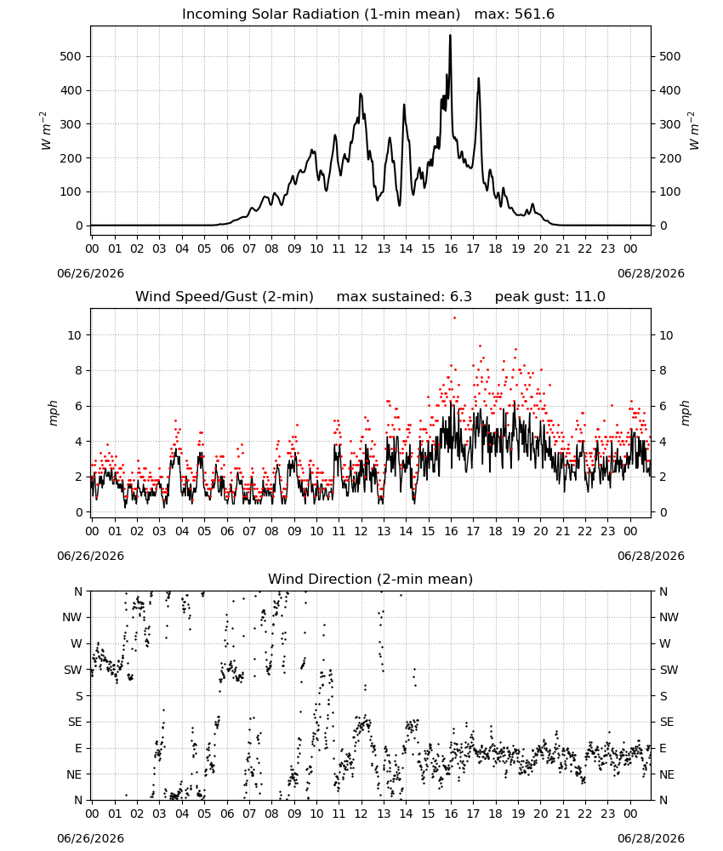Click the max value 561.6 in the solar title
(515, 14)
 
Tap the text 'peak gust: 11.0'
(550, 297)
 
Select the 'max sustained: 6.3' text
(404, 297)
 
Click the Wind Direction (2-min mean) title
(371, 579)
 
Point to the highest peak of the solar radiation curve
(450, 35)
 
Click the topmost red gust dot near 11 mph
(454, 318)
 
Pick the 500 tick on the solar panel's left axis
(71, 56)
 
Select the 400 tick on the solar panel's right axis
(670, 91)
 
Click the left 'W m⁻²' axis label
(46, 131)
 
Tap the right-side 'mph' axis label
(685, 413)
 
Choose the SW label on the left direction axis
(73, 671)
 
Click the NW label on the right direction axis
(669, 618)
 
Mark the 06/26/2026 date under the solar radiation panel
(90, 273)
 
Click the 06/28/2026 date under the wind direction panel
(651, 838)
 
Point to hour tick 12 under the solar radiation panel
(361, 249)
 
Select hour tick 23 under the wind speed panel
(608, 531)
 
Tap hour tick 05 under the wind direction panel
(204, 814)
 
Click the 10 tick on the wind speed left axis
(74, 335)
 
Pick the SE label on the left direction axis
(75, 722)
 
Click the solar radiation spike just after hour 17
(478, 78)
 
